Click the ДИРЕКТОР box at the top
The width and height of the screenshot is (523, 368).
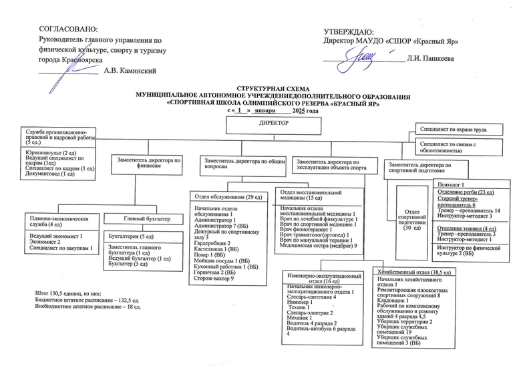(x=273, y=124)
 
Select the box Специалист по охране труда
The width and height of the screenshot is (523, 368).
(x=452, y=128)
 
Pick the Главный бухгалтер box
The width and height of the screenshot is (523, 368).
(x=146, y=219)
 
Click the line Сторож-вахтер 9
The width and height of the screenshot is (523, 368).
(x=213, y=277)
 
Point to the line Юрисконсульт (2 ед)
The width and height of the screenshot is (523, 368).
(x=47, y=153)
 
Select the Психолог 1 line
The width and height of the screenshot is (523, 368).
(x=449, y=184)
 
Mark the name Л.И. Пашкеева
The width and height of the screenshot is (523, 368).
(x=430, y=59)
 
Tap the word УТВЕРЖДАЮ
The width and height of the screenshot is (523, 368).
(x=348, y=31)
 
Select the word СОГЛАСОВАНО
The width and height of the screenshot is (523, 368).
(x=69, y=29)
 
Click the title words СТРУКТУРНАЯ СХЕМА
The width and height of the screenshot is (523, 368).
(x=273, y=88)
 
